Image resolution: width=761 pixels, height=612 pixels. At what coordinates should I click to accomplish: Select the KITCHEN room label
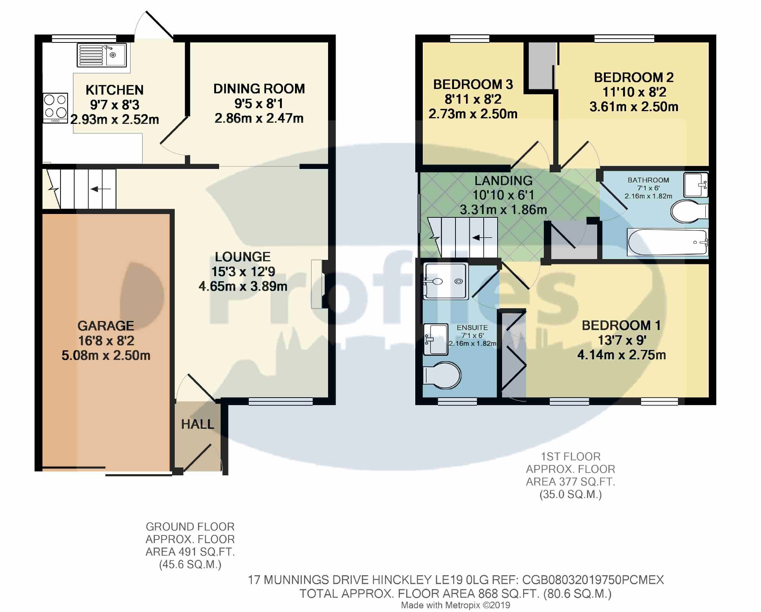(115, 90)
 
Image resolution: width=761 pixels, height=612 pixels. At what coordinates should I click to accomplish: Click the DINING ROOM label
(259, 89)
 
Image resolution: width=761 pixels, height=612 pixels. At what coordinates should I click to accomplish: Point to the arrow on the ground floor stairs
(100, 189)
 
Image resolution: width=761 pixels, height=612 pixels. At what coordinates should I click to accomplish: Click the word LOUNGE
(242, 257)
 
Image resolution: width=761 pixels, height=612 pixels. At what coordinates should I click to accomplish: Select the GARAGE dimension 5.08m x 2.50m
(106, 355)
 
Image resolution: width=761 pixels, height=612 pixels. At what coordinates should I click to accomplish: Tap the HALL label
(197, 424)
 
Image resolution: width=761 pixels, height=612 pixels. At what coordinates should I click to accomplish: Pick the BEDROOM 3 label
(473, 84)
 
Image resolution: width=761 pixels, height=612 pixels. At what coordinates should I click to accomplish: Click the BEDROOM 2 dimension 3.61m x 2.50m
(634, 107)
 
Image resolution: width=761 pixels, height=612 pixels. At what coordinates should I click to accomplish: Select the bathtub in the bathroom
(667, 243)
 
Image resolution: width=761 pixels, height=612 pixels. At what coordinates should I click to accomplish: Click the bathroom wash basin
(696, 184)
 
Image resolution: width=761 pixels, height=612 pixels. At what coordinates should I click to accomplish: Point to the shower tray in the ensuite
(446, 281)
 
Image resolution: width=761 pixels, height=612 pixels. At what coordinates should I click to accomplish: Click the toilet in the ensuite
(442, 375)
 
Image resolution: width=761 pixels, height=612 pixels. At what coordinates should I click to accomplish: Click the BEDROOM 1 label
(621, 325)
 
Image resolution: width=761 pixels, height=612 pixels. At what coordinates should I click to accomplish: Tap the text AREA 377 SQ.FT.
(570, 481)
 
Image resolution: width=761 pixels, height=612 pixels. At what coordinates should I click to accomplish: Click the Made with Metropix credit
(455, 605)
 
